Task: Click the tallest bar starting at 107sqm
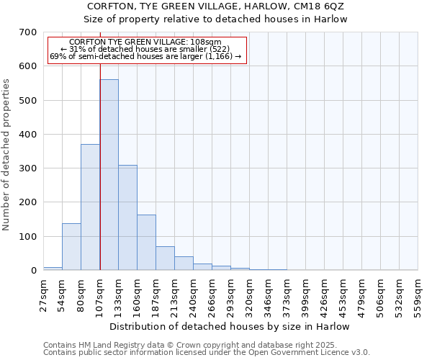point(109,175)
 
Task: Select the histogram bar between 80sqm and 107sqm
point(90,207)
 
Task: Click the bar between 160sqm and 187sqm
point(146,243)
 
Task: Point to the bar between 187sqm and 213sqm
point(165,258)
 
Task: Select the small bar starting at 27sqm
point(53,269)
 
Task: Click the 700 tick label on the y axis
point(28,32)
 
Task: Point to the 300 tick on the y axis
point(28,168)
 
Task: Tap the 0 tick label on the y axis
point(33,271)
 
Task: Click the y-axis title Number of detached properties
point(7,155)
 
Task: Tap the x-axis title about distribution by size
point(230,326)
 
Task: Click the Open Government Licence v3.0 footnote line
point(206,352)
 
